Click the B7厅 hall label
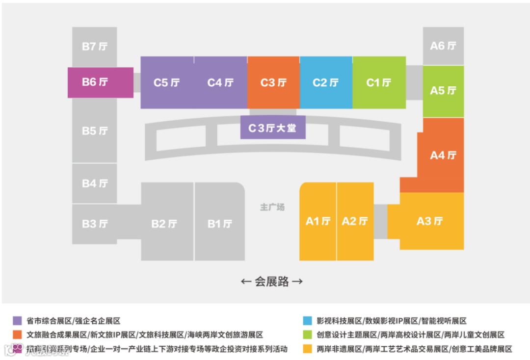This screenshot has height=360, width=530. pyautogui.click(x=94, y=47)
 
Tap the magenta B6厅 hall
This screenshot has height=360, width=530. pyautogui.click(x=100, y=82)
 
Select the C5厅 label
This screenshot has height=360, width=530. pyautogui.click(x=166, y=82)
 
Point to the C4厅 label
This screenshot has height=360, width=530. pyautogui.click(x=220, y=82)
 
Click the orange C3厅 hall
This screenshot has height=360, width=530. pyautogui.click(x=273, y=82)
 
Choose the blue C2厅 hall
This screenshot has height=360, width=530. pyautogui.click(x=326, y=82)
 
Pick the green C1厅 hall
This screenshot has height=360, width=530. pyautogui.click(x=379, y=82)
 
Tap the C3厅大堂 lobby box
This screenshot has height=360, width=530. pyautogui.click(x=273, y=128)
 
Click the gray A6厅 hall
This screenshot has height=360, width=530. pyautogui.click(x=443, y=46)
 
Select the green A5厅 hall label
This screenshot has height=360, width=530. pyautogui.click(x=443, y=91)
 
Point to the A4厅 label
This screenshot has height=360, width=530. pyautogui.click(x=443, y=155)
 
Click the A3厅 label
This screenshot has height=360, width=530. pyautogui.click(x=429, y=221)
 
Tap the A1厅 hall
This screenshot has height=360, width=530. pyautogui.click(x=318, y=221)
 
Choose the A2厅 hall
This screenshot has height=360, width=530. pyautogui.click(x=355, y=221)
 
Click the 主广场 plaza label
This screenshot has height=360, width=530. pyautogui.click(x=272, y=207)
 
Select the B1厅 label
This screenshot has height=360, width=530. pyautogui.click(x=219, y=224)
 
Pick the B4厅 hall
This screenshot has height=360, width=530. pyautogui.click(x=94, y=183)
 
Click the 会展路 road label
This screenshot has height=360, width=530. pyautogui.click(x=271, y=282)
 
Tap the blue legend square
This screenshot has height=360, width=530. pyautogui.click(x=308, y=321)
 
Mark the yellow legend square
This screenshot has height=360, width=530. pyautogui.click(x=308, y=349)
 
